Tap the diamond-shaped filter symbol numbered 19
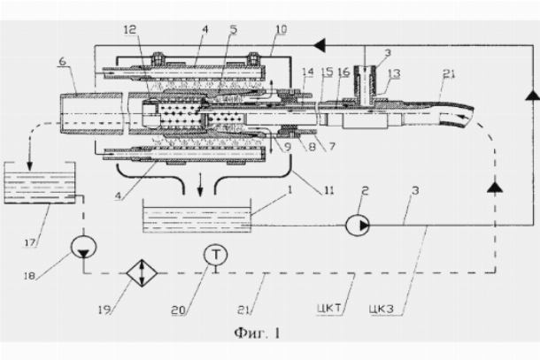click(x=136, y=271)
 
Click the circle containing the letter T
click(x=214, y=254)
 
